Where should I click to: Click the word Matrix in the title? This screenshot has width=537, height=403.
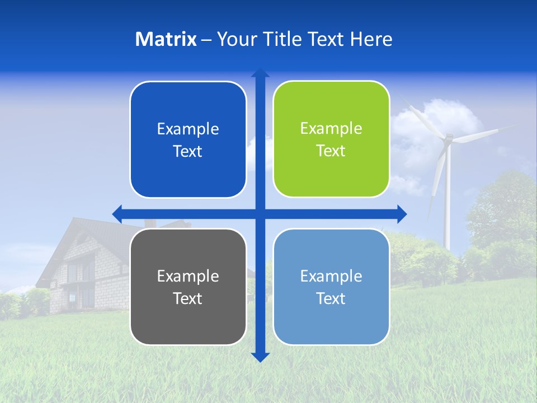tap(166, 39)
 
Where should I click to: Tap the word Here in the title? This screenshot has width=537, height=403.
tap(371, 39)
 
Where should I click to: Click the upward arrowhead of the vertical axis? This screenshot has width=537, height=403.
tap(260, 73)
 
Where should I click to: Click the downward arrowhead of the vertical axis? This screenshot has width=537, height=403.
tap(260, 357)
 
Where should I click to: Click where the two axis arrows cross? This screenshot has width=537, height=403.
tap(260, 214)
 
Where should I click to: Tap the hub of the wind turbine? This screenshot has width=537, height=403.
tap(447, 138)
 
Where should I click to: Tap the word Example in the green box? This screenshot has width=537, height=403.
tap(331, 128)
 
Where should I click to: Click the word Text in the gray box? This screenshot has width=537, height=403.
tap(188, 298)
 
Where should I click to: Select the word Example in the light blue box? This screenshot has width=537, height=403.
tap(331, 276)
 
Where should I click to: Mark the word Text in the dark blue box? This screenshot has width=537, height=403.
tap(188, 151)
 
